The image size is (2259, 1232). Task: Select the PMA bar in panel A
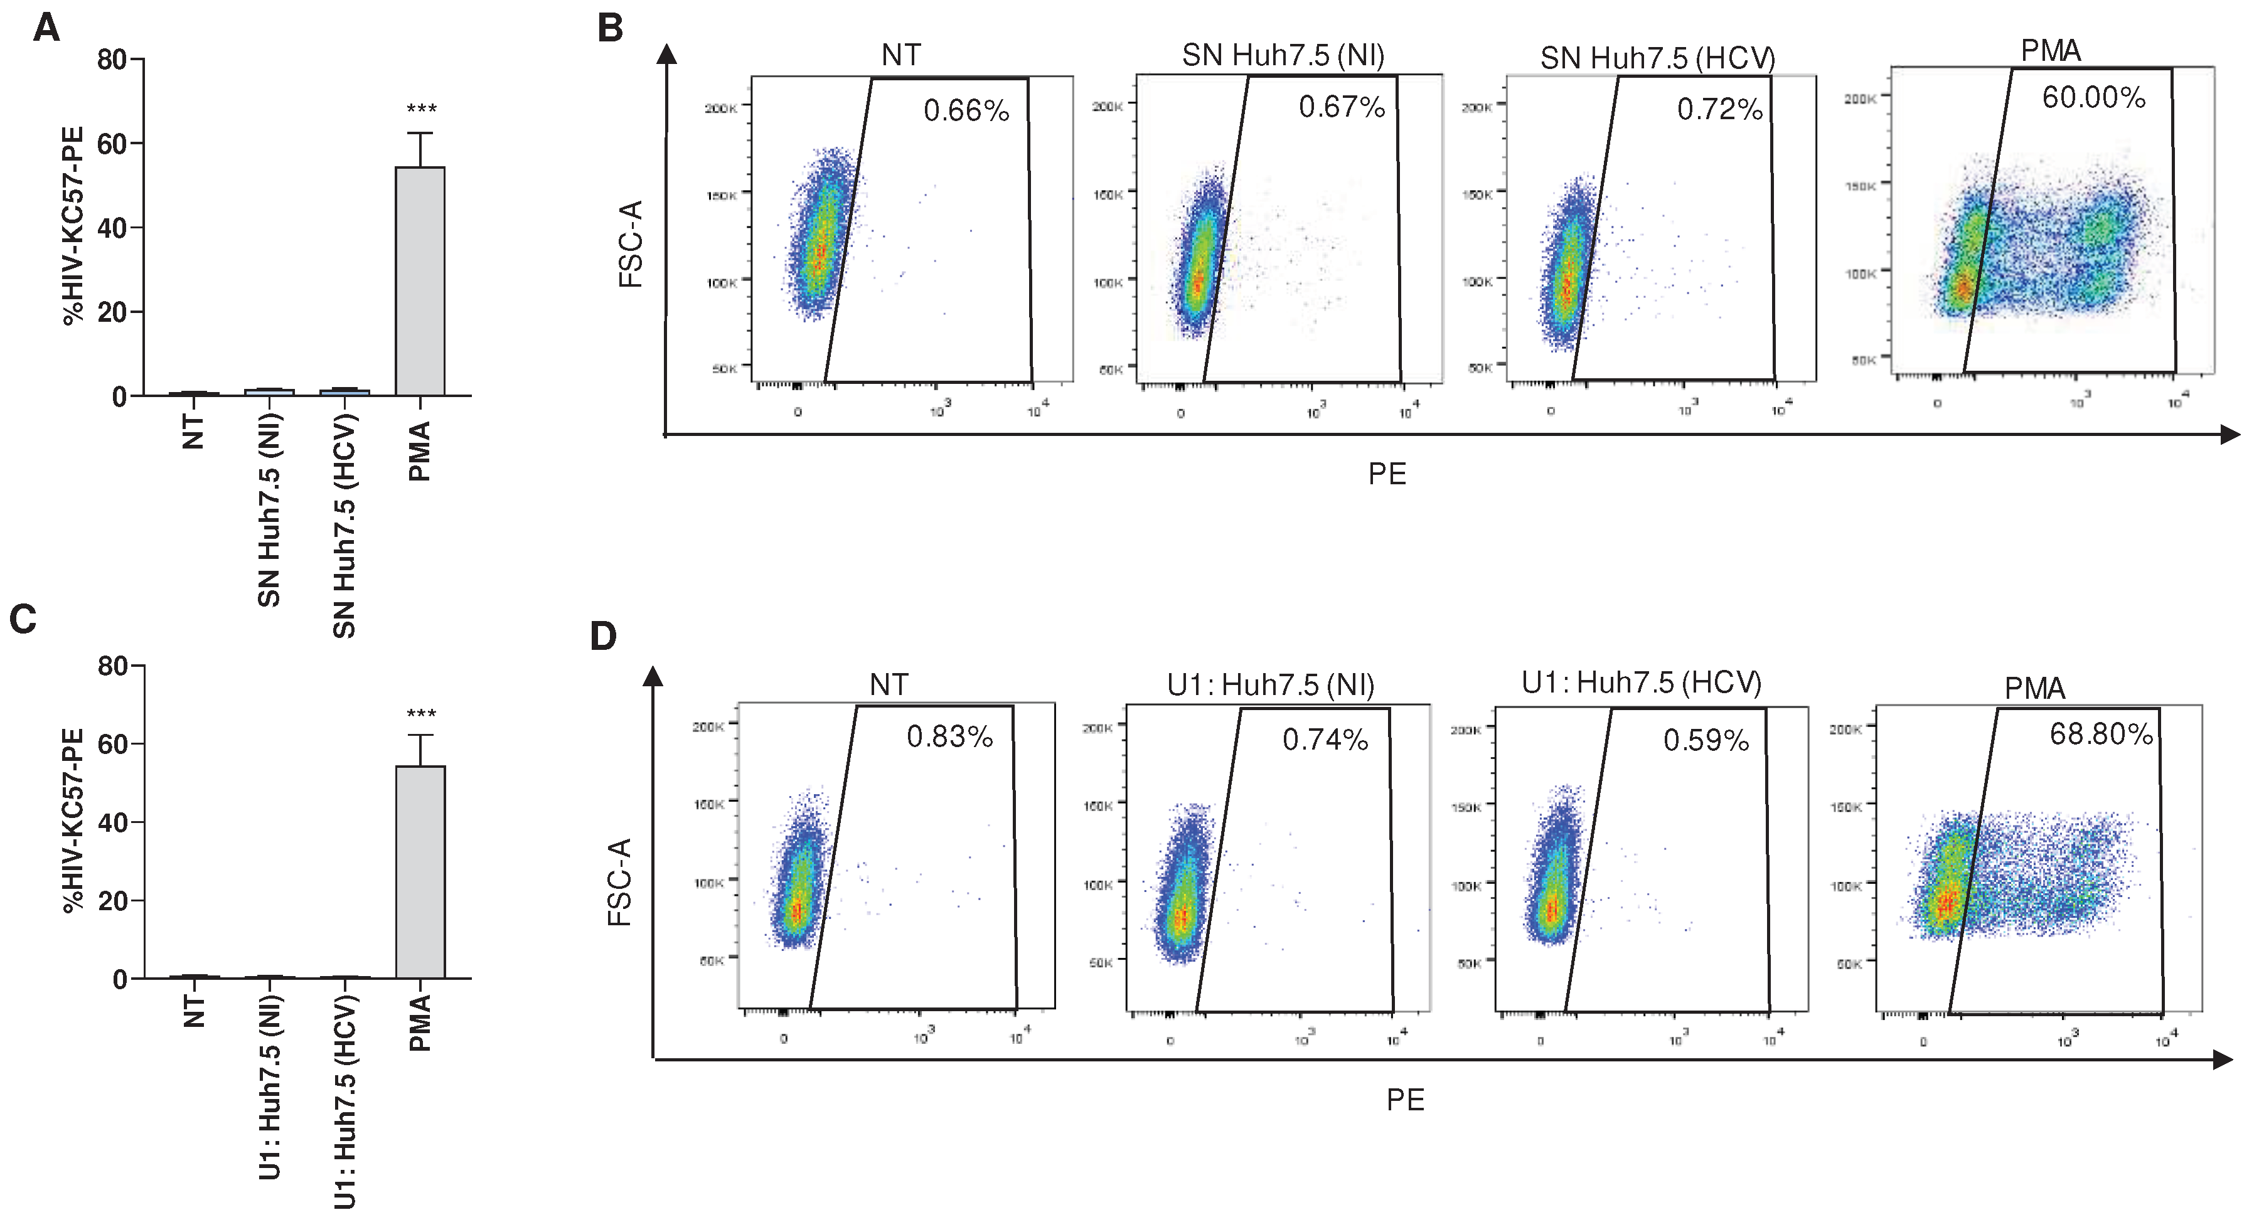point(420,280)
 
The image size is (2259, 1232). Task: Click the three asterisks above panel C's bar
point(421,713)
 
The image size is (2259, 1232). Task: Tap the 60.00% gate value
point(2093,97)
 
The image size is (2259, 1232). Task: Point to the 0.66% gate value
point(966,110)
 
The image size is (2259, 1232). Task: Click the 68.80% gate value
point(2100,734)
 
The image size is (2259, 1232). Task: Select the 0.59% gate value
point(1706,740)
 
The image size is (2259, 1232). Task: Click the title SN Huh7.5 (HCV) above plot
point(1657,58)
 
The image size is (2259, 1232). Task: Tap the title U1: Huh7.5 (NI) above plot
point(1271,684)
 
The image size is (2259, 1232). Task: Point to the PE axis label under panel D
point(1405,1100)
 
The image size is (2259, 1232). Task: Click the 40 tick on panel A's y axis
point(112,228)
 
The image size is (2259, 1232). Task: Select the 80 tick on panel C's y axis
point(113,666)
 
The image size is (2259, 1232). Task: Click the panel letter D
point(603,635)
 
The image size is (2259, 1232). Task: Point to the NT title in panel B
point(900,55)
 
